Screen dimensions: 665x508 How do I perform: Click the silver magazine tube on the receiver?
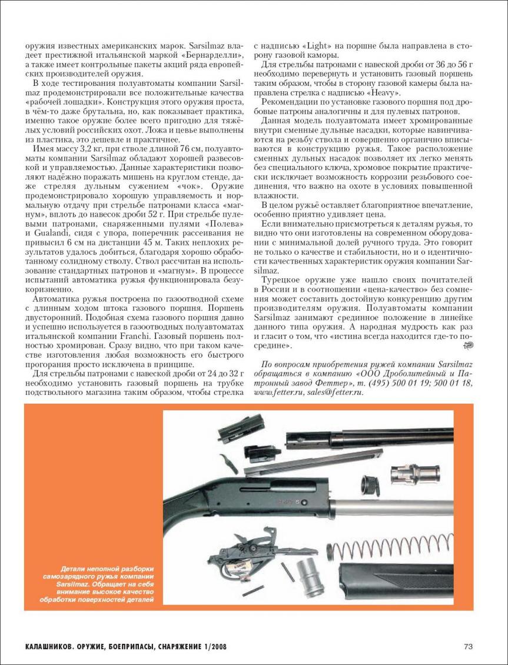377,509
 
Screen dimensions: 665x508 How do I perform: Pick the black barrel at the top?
365,439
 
